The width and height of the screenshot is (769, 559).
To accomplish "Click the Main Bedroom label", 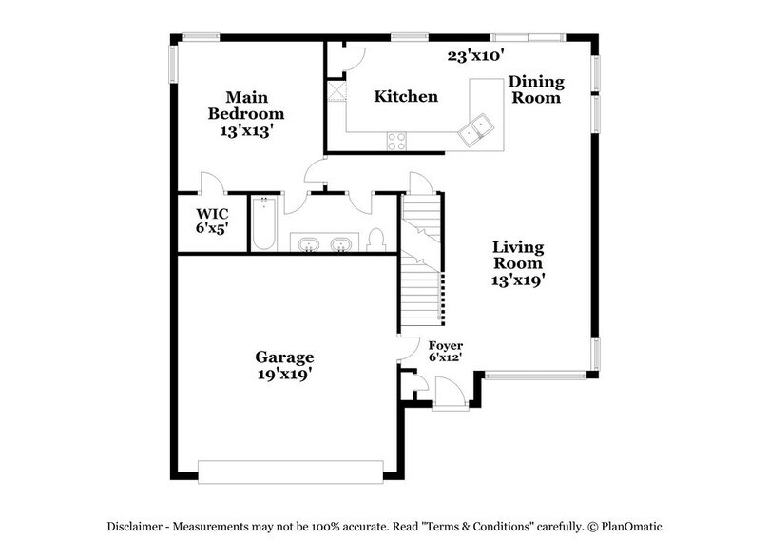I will pos(247,115).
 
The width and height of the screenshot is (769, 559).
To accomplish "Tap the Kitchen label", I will pos(406,97).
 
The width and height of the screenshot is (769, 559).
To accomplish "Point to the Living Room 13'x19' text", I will pos(518,263).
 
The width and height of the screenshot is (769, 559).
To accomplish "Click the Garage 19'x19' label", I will pos(284,365).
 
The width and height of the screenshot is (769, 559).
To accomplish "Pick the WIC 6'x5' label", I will pos(212,221).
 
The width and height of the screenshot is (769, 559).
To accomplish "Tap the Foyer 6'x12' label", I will pos(445,351).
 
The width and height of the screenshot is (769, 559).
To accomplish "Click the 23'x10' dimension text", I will pos(475,56).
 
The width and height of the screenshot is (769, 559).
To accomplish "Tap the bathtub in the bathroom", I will pos(263,225).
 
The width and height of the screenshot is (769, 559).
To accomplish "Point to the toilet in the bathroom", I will pos(375,239).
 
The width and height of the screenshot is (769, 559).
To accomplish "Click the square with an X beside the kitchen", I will pos(336,91).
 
